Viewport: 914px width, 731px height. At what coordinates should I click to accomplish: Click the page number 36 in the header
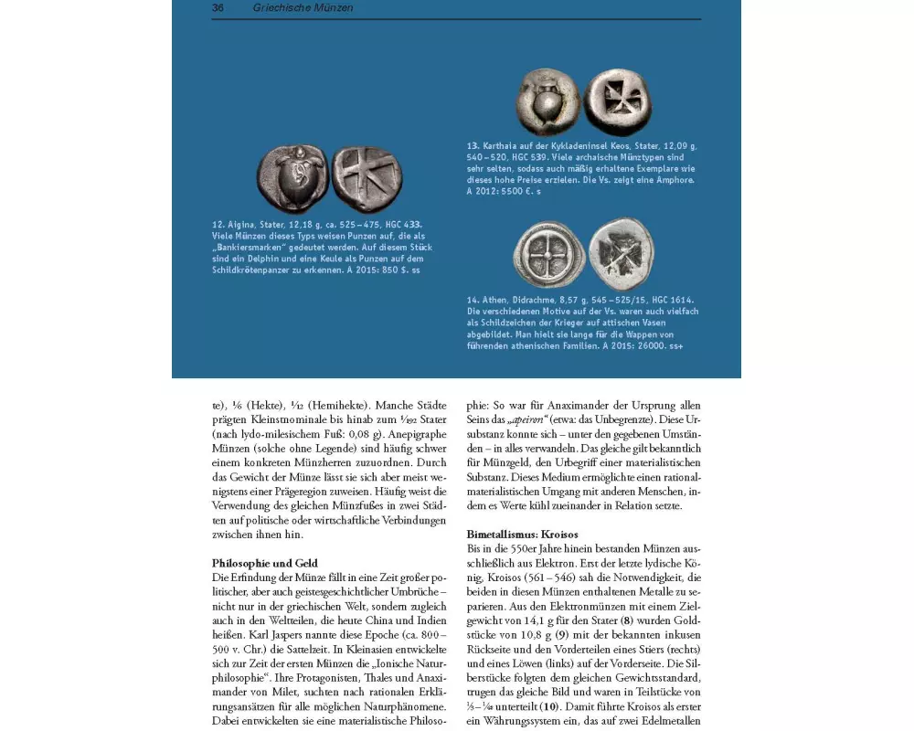coord(218,8)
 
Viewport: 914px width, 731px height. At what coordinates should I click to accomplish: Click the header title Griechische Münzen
coord(303,8)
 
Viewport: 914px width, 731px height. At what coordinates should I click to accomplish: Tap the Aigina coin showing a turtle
coord(292,175)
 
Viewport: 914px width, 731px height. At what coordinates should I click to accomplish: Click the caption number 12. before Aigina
coord(218,224)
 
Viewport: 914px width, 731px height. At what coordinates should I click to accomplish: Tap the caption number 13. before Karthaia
coord(473,146)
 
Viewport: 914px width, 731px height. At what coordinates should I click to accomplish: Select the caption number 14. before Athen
coord(473,300)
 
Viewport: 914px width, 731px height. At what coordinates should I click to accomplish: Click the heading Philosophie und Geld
coord(265,564)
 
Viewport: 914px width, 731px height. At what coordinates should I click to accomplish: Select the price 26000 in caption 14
coord(644,346)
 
